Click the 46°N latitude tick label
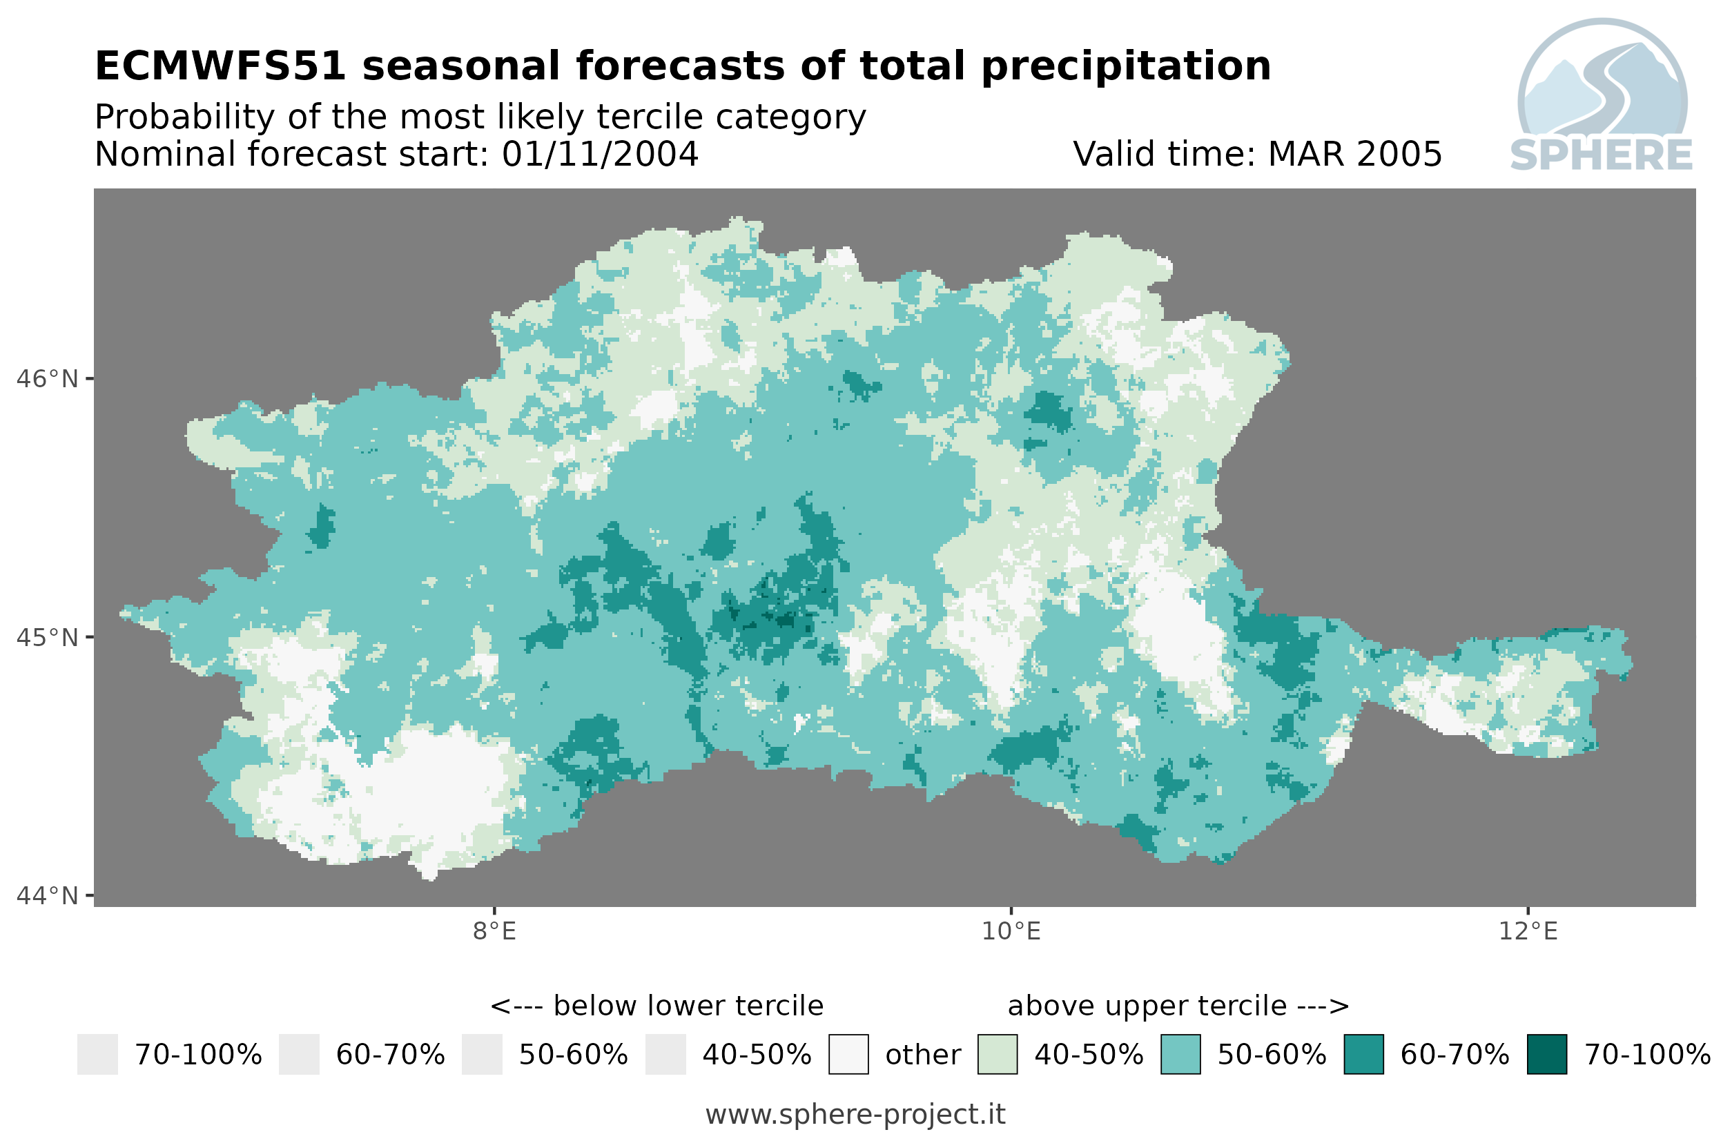[x=46, y=379]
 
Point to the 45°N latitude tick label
[x=46, y=637]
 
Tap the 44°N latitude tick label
[x=46, y=896]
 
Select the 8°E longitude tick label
[x=495, y=931]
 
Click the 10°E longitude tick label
[x=1011, y=931]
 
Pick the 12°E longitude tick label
[x=1528, y=931]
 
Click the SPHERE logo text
[x=1602, y=155]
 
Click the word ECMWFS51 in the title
[x=220, y=66]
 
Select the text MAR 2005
[x=1354, y=154]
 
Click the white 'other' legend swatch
[x=848, y=1055]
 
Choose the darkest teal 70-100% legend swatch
[x=1547, y=1055]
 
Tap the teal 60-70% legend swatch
[x=1363, y=1055]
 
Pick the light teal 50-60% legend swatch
[x=1181, y=1055]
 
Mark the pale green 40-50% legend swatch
[x=998, y=1055]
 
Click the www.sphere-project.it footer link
[x=855, y=1115]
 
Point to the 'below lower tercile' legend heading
[x=656, y=1006]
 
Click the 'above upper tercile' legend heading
[x=1178, y=1006]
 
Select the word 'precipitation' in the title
[x=1127, y=68]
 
